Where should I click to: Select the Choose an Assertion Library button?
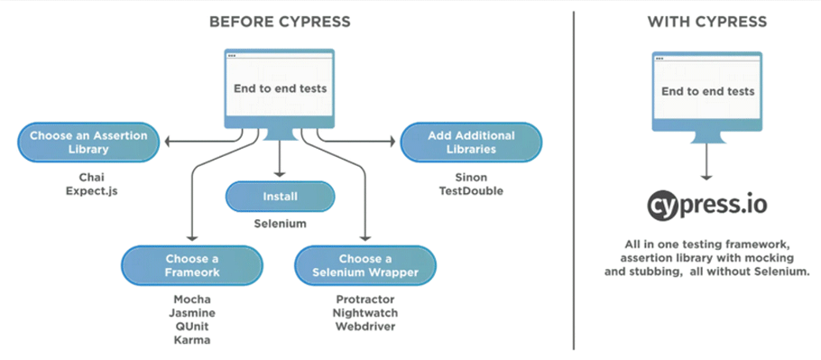[x=88, y=143]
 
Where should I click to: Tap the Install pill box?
[x=280, y=196]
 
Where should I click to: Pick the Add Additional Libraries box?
[x=471, y=143]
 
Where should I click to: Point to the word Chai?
[x=88, y=178]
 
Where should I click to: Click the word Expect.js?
[x=88, y=192]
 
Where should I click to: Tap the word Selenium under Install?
[x=280, y=224]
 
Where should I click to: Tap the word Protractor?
[x=364, y=299]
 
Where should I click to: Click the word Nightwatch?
[x=364, y=312]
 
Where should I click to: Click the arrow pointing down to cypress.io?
[x=706, y=163]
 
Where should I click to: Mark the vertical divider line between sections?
[x=574, y=180]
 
